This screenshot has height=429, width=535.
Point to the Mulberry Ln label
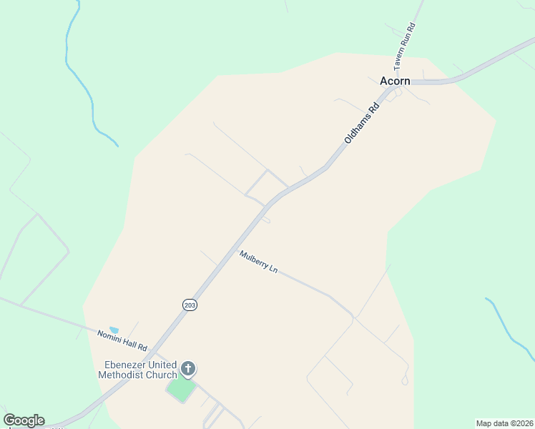click(258, 262)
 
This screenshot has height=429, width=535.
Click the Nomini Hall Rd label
click(122, 340)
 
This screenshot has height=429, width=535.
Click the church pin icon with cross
click(188, 369)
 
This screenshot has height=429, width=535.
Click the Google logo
click(24, 420)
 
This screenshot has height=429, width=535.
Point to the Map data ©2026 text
click(504, 423)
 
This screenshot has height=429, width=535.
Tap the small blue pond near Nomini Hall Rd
click(114, 330)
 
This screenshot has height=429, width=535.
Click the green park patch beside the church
click(181, 390)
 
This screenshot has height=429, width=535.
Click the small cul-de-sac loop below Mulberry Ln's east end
click(405, 380)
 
